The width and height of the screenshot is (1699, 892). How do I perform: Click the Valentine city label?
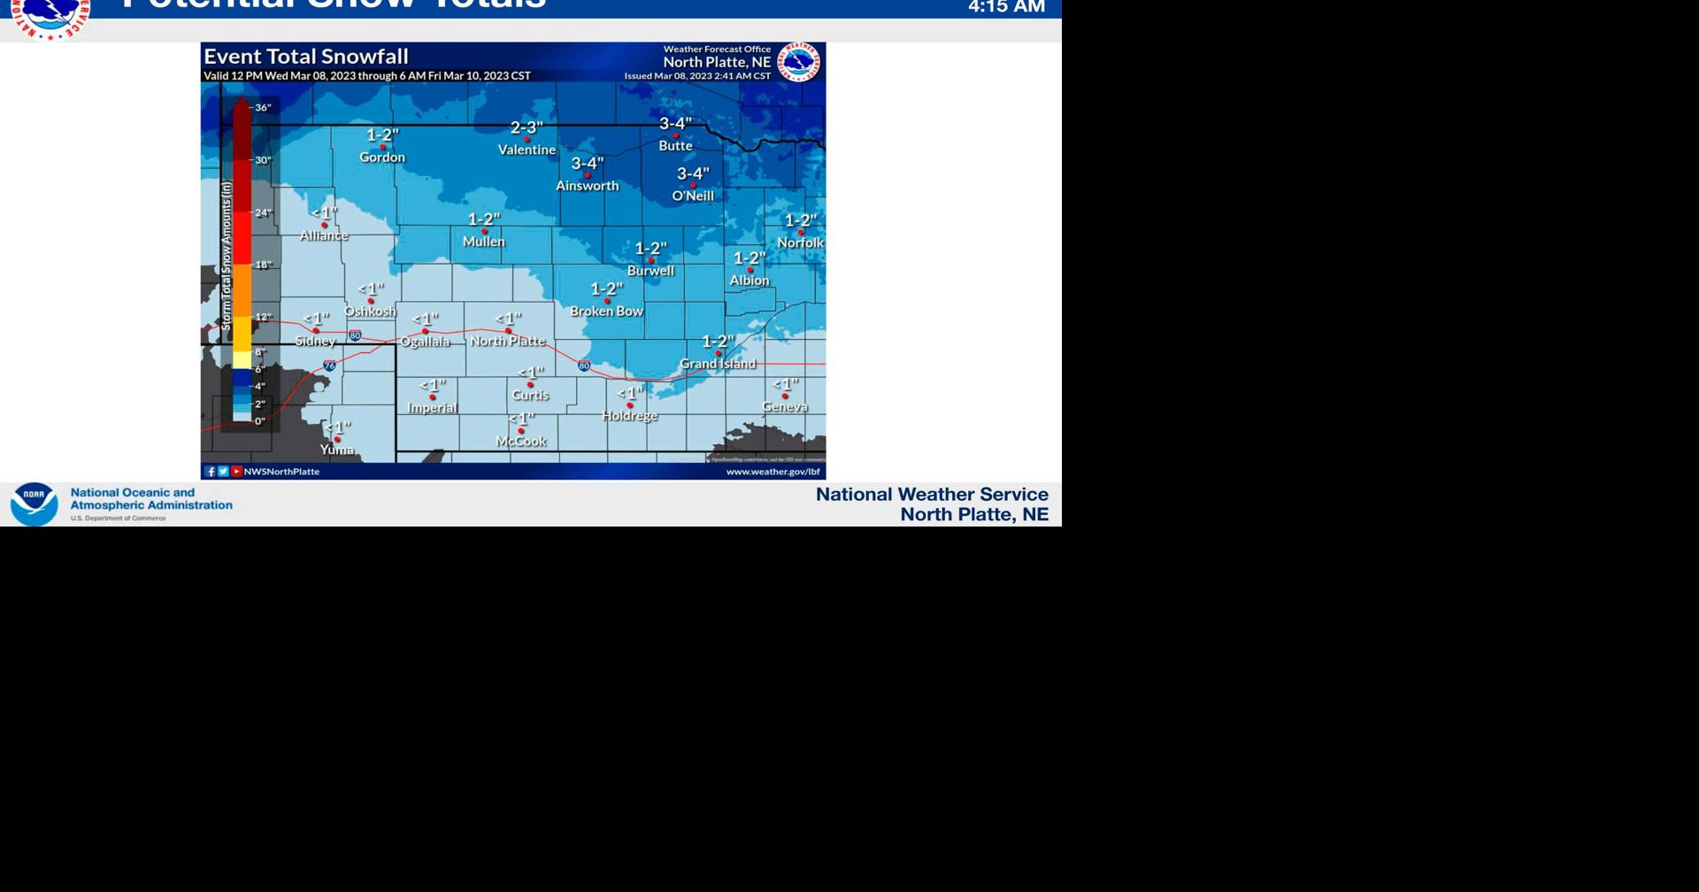(x=527, y=150)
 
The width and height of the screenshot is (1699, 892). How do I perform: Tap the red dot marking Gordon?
(x=382, y=147)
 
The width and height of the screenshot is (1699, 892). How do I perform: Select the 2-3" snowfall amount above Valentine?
(x=527, y=127)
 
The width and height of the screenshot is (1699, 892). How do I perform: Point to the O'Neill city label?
(x=693, y=196)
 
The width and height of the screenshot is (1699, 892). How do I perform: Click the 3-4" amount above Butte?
(x=675, y=123)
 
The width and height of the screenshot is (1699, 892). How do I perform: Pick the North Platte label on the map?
(x=508, y=341)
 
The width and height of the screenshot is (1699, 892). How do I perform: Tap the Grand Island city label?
(x=718, y=364)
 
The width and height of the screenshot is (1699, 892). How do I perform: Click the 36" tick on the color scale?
(x=263, y=108)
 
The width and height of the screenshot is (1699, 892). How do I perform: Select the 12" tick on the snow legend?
(x=263, y=317)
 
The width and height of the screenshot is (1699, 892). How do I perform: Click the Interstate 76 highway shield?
(x=329, y=365)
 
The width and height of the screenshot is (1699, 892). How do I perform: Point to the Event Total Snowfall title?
(x=306, y=57)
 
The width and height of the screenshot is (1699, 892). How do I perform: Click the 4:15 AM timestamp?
(x=1006, y=8)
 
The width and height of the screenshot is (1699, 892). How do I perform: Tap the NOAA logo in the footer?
(x=34, y=504)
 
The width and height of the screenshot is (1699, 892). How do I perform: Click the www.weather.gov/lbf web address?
(x=773, y=472)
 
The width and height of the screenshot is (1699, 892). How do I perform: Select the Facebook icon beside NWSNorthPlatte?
(x=211, y=472)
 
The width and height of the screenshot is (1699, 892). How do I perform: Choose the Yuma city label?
(x=336, y=450)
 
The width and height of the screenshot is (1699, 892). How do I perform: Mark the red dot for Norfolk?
(x=801, y=233)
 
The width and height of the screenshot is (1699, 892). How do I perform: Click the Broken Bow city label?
(x=606, y=311)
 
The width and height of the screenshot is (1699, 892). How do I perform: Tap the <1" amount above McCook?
(x=521, y=418)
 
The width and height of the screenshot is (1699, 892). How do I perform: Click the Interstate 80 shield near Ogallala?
(x=355, y=335)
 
